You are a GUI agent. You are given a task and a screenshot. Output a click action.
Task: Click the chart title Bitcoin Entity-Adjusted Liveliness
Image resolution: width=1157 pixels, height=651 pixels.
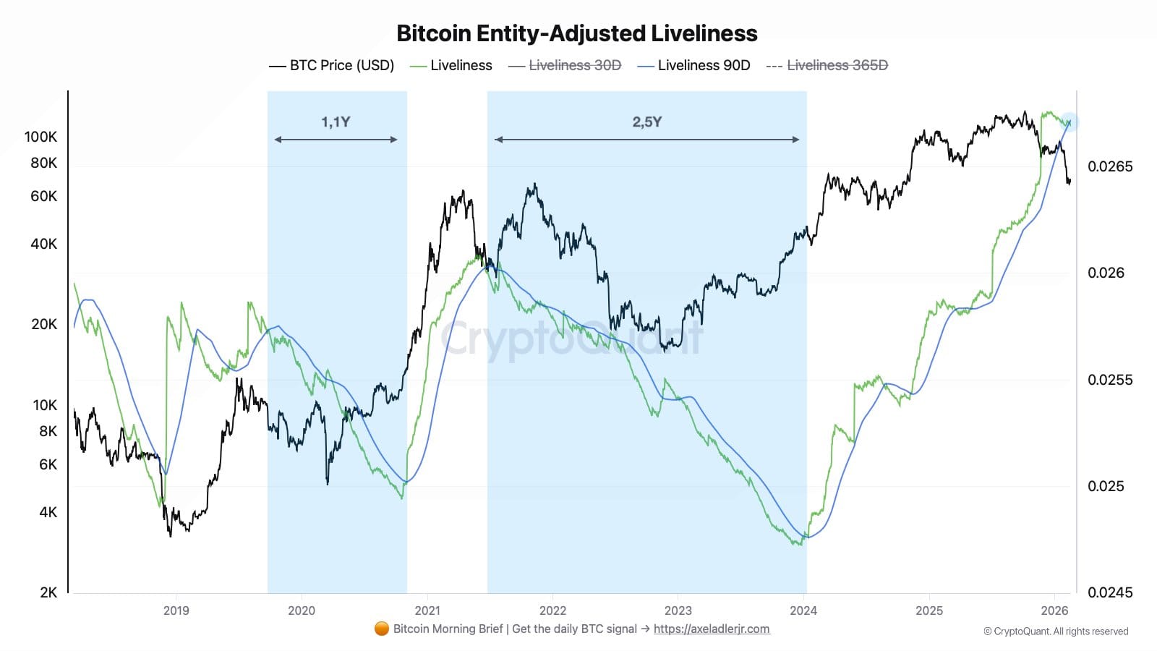(x=576, y=33)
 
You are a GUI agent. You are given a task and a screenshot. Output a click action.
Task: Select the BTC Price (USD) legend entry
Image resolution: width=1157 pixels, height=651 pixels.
(x=332, y=65)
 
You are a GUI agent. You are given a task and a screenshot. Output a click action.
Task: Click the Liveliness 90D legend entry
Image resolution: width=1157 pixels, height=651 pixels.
(x=694, y=65)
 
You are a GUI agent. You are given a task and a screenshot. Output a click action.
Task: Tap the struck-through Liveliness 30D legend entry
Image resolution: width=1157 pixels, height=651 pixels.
(x=565, y=65)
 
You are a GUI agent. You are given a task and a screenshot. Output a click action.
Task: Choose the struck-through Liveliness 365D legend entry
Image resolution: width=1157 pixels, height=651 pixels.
(x=827, y=65)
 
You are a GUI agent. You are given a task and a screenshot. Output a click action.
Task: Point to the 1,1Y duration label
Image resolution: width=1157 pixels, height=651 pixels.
(x=336, y=122)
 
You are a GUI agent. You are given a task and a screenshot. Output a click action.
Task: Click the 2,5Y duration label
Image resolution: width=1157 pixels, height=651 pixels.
(x=646, y=122)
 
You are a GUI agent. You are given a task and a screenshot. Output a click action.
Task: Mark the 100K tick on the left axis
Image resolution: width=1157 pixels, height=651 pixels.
(x=40, y=137)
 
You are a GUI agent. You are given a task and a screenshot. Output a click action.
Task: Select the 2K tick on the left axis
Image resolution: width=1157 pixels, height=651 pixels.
(x=48, y=592)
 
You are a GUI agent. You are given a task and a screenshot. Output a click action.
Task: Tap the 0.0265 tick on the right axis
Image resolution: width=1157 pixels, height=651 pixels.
(x=1110, y=166)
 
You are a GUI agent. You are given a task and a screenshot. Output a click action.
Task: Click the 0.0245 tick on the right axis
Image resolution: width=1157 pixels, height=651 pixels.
(x=1110, y=592)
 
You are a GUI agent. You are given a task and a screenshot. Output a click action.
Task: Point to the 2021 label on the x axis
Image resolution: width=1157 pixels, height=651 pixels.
(x=427, y=610)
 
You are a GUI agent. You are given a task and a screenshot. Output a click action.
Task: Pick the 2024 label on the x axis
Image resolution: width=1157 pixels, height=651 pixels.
(x=803, y=610)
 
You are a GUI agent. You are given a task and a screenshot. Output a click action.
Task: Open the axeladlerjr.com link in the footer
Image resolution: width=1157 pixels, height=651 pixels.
(x=712, y=629)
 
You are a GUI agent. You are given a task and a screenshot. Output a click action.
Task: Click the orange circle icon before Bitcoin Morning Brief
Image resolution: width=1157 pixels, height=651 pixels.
(x=382, y=629)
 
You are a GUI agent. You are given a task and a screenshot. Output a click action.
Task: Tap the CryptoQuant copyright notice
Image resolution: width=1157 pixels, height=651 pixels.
(x=1056, y=631)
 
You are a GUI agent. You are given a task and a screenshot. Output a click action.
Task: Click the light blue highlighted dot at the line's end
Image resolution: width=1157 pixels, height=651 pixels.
(x=1070, y=122)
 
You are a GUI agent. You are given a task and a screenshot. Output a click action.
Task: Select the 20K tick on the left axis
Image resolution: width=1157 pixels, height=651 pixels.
(x=43, y=324)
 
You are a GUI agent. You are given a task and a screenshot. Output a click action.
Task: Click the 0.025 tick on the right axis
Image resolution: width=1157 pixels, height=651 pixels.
(x=1106, y=486)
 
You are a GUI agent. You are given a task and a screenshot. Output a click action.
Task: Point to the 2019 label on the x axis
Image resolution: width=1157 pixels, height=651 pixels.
(x=176, y=610)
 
